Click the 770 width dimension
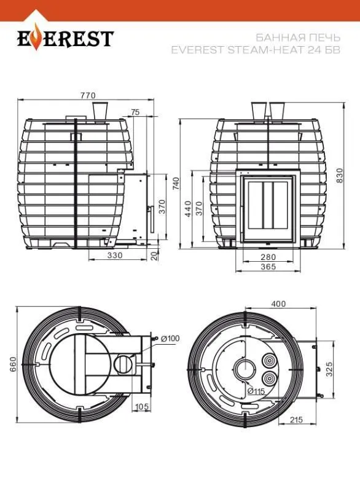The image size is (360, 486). tap(88, 95)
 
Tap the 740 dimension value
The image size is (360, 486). tap(176, 184)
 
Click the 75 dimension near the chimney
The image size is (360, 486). tap(135, 112)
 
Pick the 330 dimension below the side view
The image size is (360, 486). tap(115, 254)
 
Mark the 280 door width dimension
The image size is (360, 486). tap(267, 256)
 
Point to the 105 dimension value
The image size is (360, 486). tap(142, 407)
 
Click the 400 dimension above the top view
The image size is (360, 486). tap(278, 304)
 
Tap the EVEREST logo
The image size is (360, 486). tap(65, 40)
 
